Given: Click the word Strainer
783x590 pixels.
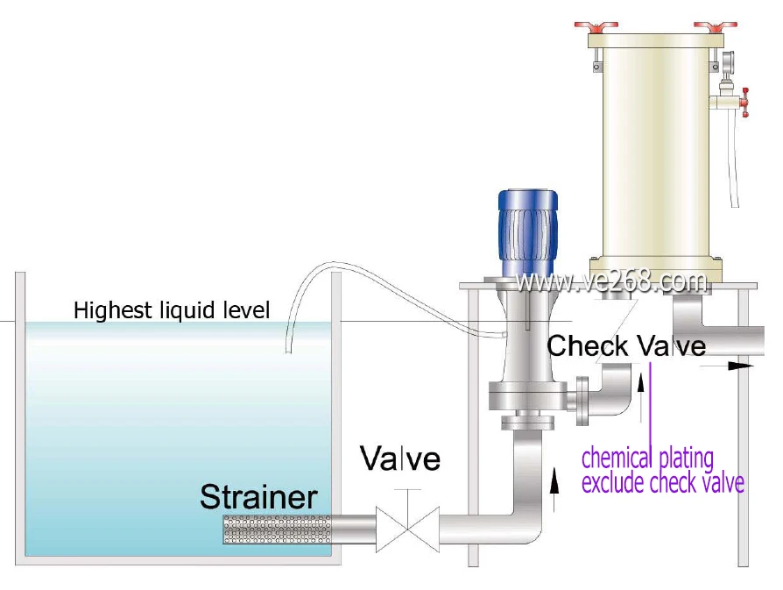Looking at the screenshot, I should [x=258, y=496].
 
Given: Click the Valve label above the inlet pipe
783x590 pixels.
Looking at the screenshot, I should [x=401, y=458].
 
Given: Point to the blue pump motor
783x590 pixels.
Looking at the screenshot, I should [x=526, y=230].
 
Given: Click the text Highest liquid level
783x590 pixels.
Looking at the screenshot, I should [x=172, y=309].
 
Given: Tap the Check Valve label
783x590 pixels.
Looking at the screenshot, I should [x=626, y=346].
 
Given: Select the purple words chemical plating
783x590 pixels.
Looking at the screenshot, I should [x=647, y=458].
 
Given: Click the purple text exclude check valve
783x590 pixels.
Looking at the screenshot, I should [x=663, y=482].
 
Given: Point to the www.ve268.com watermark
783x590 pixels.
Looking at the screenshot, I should [x=611, y=281].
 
